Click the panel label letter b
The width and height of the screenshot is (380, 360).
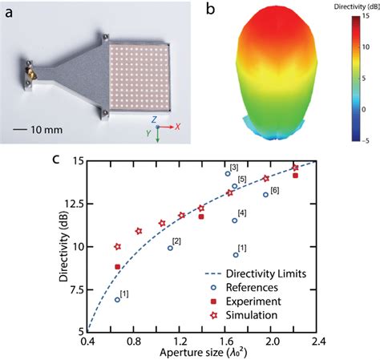tap(211, 10)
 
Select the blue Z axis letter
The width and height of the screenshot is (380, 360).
tap(164, 117)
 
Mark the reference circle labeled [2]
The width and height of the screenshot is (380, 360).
tap(170, 248)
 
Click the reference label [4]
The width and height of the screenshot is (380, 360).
tap(242, 212)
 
